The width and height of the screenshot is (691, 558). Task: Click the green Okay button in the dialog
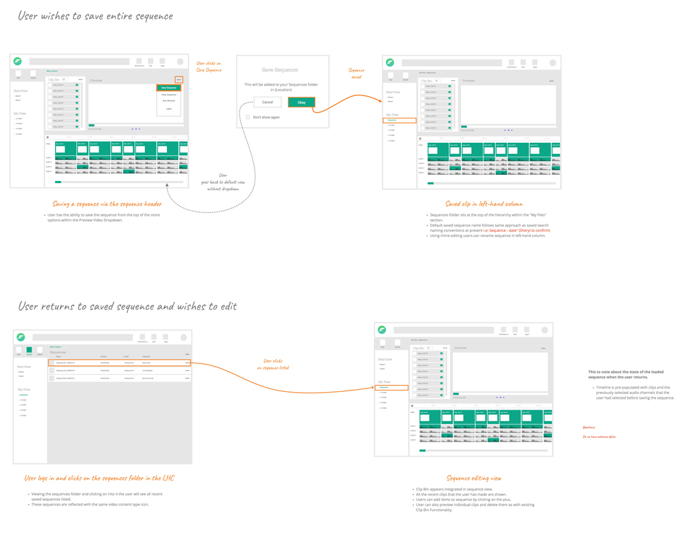click(301, 102)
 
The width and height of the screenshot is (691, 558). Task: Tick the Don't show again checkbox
click(248, 117)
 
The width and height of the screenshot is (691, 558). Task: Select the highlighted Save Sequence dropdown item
click(169, 88)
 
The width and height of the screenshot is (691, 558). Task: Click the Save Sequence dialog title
click(280, 70)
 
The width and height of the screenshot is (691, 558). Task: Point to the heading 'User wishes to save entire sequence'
click(95, 16)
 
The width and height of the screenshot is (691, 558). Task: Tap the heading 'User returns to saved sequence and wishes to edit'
click(127, 306)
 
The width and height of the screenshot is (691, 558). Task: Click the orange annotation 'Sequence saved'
click(356, 73)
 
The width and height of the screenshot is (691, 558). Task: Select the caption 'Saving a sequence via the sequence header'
click(107, 204)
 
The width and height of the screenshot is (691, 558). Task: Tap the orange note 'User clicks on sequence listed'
click(273, 364)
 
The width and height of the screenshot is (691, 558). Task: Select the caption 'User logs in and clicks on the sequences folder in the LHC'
click(99, 478)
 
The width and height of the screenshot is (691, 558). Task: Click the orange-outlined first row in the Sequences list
click(119, 363)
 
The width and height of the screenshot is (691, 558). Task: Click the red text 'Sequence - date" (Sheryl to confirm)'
click(519, 231)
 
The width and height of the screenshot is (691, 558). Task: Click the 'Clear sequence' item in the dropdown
click(169, 95)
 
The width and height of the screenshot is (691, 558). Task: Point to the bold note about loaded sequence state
click(626, 374)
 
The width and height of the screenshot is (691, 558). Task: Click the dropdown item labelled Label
click(169, 109)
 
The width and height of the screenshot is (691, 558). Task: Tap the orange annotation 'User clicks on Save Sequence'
click(209, 67)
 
